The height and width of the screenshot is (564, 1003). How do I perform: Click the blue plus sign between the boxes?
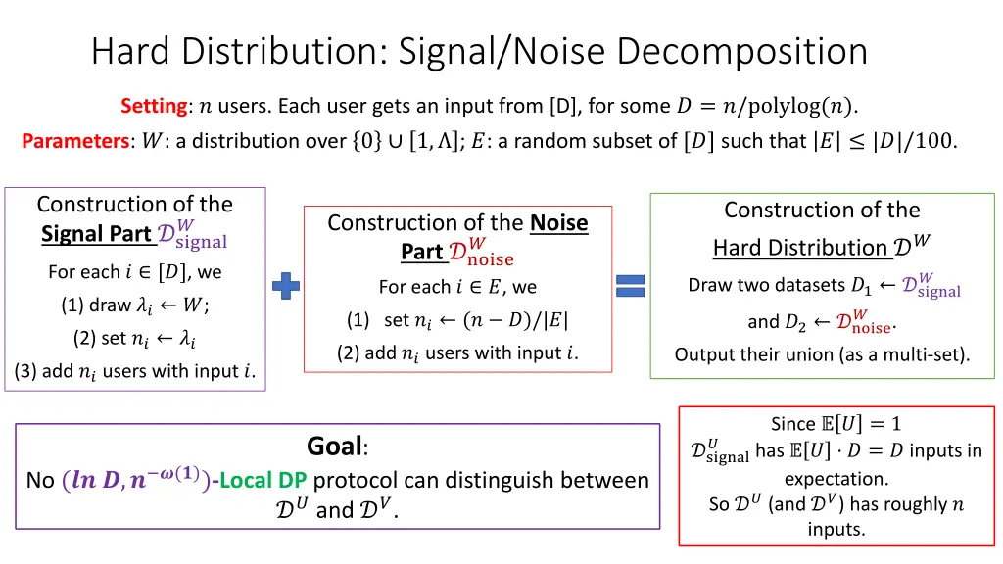click(286, 285)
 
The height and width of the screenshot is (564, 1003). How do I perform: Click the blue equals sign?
click(629, 285)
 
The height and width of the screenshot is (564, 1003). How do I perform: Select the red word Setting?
click(154, 106)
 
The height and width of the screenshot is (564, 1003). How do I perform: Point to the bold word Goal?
click(335, 446)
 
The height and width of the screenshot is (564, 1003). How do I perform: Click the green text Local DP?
click(263, 480)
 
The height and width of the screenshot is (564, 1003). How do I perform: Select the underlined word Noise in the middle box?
click(559, 223)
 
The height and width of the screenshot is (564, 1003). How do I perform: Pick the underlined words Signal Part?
click(96, 234)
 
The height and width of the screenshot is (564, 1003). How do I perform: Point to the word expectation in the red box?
click(836, 479)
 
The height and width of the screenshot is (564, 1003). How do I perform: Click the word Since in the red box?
click(793, 424)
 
